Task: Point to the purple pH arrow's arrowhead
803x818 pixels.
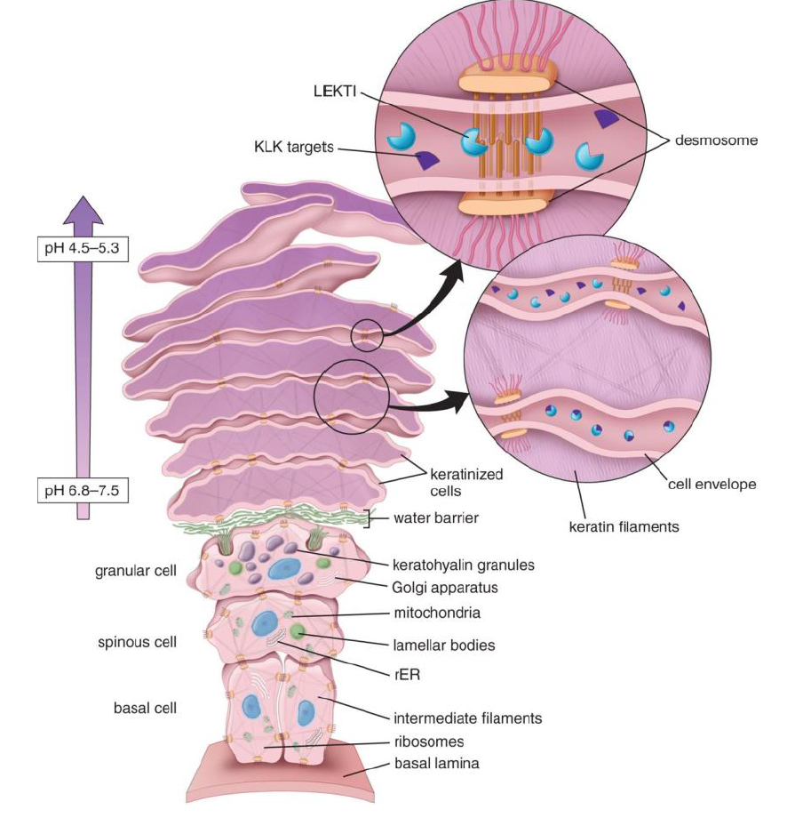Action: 83,210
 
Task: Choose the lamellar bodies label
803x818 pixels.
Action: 444,646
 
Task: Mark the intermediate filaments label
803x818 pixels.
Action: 467,718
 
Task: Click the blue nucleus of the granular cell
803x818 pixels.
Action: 287,568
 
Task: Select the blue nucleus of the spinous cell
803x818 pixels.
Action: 265,623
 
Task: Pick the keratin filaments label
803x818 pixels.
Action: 624,526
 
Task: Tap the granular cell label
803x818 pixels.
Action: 136,571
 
